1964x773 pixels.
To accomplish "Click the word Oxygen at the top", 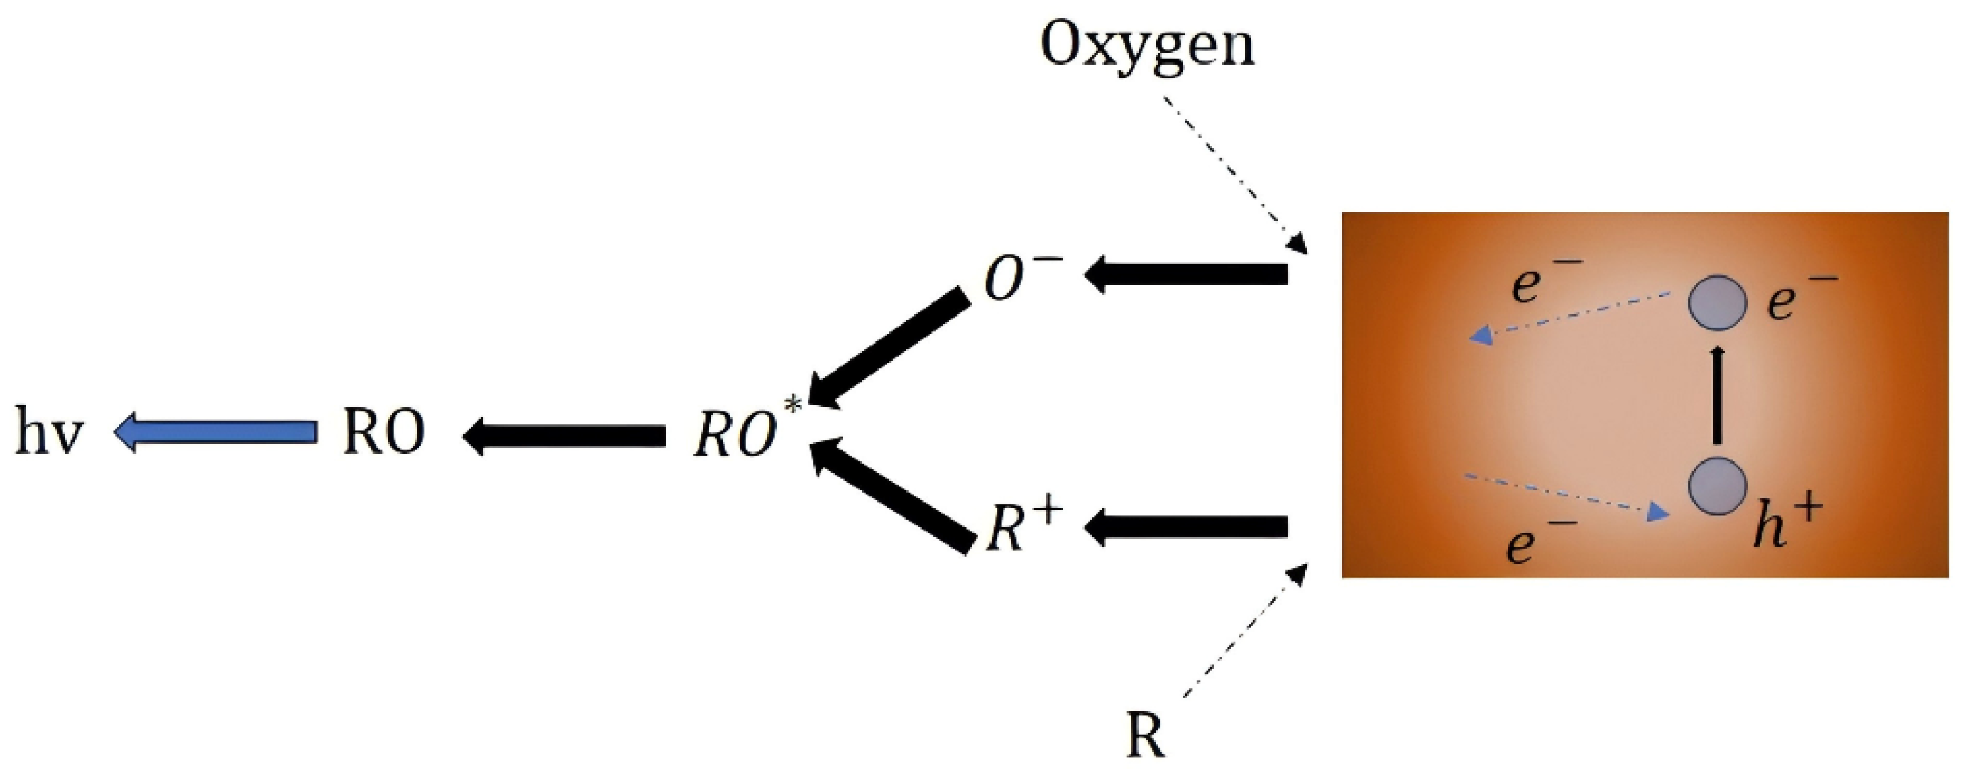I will pyautogui.click(x=1147, y=48).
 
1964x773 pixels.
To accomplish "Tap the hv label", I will pyautogui.click(x=49, y=434).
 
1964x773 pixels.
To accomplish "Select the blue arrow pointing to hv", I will pyautogui.click(x=215, y=432).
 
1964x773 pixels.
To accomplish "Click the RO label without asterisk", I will pyautogui.click(x=383, y=434).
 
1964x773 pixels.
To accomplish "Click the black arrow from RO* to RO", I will pyautogui.click(x=564, y=435).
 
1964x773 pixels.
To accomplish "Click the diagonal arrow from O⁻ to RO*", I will pyautogui.click(x=889, y=351).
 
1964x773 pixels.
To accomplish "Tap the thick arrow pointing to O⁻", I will pyautogui.click(x=1185, y=275).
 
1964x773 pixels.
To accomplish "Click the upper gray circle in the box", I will pyautogui.click(x=1717, y=302).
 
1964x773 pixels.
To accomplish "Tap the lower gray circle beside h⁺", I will pyautogui.click(x=1717, y=485).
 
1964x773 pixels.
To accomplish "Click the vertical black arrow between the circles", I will pyautogui.click(x=1717, y=395).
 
